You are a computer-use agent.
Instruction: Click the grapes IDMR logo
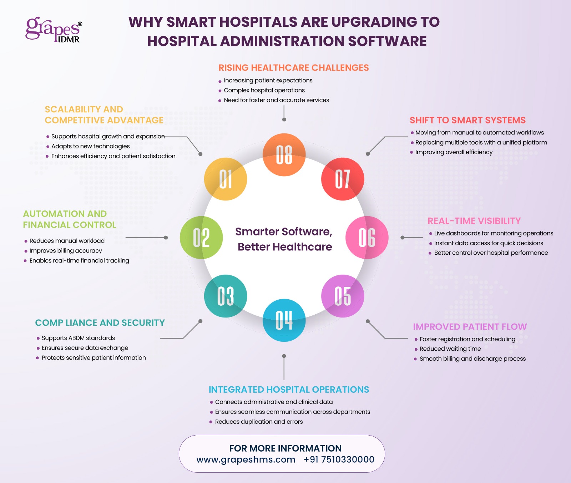tap(54, 30)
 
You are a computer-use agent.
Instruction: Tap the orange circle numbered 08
tap(284, 155)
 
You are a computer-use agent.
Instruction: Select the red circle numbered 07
tap(343, 179)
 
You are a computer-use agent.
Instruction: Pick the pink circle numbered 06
tap(367, 237)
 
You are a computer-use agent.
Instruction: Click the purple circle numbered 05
tap(343, 296)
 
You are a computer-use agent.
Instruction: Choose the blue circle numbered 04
tap(284, 320)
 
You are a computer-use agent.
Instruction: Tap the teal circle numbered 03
tap(226, 296)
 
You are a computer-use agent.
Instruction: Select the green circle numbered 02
tap(201, 237)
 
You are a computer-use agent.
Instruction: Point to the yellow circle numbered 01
tap(226, 179)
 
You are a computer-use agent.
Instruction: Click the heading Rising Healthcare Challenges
tap(293, 68)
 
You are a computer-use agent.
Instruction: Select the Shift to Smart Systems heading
tap(468, 120)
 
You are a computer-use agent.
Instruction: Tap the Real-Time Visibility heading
tap(474, 221)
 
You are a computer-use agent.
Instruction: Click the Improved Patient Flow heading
tap(470, 327)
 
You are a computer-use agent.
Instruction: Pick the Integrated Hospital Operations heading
tap(289, 390)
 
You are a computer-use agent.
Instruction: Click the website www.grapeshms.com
tap(246, 459)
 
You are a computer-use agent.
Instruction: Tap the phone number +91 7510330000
tap(339, 459)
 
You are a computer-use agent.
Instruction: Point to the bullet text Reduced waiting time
tap(450, 349)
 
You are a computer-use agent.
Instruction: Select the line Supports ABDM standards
tap(78, 338)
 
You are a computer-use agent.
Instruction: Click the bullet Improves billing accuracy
tap(66, 251)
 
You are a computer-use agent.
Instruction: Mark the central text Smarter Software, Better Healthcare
tap(284, 239)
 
